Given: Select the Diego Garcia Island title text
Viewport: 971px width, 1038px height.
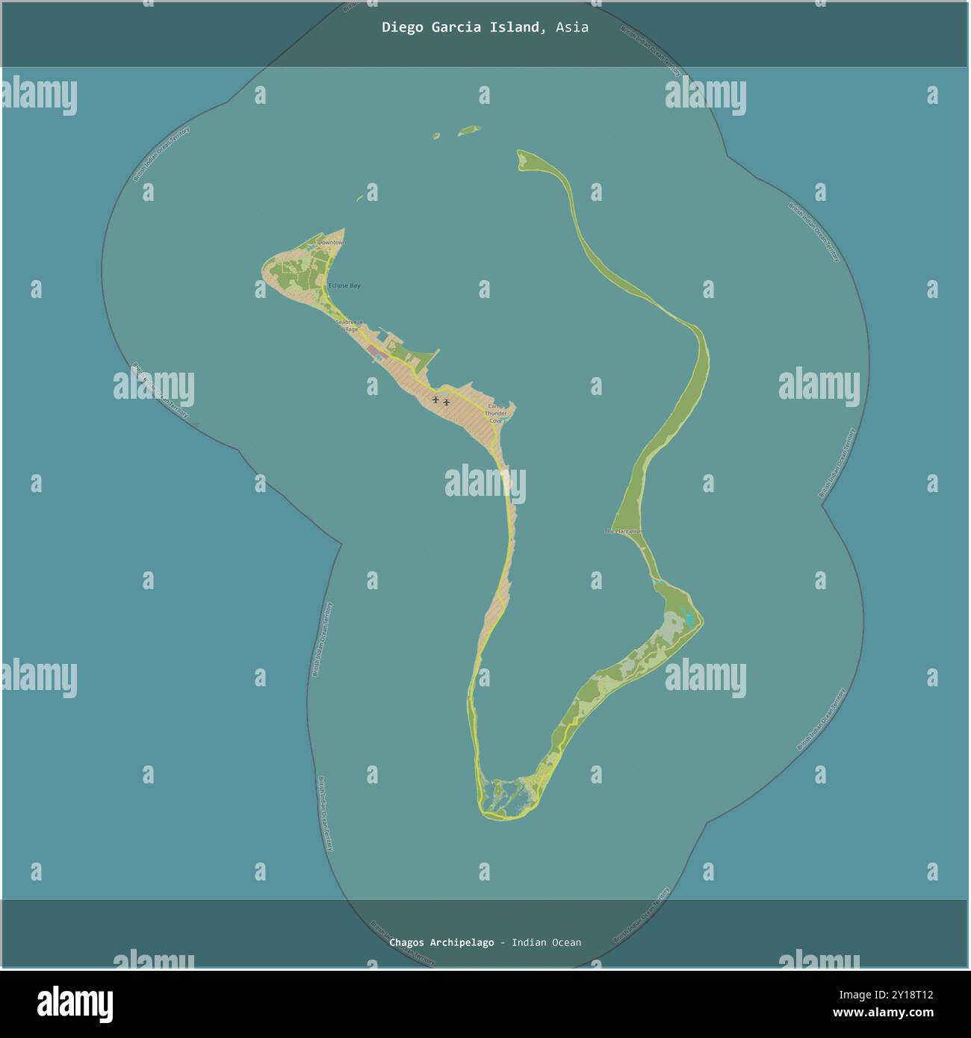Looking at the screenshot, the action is click(x=461, y=28).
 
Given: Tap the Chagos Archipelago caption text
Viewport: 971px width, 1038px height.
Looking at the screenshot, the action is click(x=441, y=942).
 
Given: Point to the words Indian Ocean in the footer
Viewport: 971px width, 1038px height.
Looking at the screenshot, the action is click(x=546, y=942).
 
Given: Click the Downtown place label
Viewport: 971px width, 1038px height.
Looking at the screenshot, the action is click(x=332, y=243).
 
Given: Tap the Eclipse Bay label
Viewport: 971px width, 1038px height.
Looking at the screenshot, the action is click(x=344, y=286).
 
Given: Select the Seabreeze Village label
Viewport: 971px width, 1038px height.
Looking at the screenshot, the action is click(x=348, y=325).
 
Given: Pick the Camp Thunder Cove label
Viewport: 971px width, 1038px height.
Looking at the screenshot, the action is click(x=496, y=413).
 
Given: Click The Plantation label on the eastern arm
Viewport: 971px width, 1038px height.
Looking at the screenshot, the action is click(x=624, y=531).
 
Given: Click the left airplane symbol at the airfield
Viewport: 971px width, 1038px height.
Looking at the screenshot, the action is click(x=435, y=400).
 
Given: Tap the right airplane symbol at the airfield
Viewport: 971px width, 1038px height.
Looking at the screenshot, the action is click(x=447, y=403).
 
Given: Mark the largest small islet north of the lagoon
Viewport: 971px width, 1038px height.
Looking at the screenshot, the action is click(x=468, y=130).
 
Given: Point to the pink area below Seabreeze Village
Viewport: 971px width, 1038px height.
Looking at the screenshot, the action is click(x=372, y=351).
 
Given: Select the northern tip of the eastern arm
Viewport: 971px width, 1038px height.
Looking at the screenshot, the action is click(x=521, y=155).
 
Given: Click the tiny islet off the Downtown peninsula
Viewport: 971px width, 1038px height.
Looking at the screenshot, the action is click(x=360, y=199).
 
